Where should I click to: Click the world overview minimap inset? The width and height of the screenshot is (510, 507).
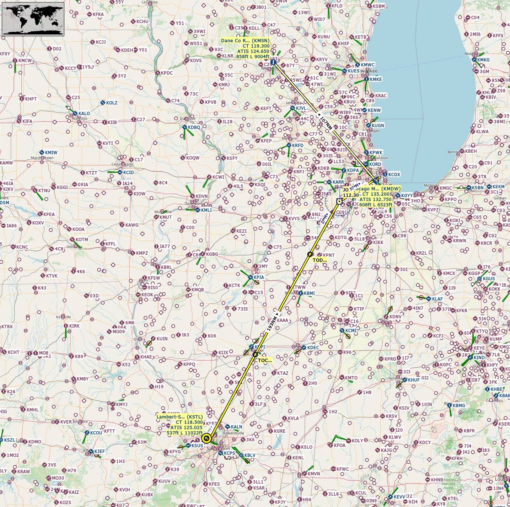tap(33, 19)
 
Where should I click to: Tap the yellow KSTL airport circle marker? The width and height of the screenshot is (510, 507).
tap(206, 438)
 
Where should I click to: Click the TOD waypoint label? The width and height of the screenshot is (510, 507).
tap(319, 260)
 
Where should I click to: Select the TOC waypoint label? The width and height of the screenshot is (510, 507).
tap(264, 360)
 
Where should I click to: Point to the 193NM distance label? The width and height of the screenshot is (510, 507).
tap(272, 323)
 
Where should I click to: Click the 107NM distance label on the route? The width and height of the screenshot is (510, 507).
tap(326, 123)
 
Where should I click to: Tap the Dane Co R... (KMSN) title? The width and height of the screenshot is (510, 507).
tap(245, 41)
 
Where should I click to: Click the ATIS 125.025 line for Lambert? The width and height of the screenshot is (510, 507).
tap(186, 427)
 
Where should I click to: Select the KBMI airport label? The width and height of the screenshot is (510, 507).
tap(309, 293)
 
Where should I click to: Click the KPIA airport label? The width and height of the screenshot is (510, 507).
tap(259, 277)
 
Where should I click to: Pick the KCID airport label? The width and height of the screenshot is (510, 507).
tap(128, 172)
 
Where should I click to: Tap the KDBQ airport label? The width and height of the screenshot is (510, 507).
tap(194, 127)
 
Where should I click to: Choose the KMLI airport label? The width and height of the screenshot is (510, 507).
tap(206, 210)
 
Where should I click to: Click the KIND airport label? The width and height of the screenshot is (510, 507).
tap(479, 357)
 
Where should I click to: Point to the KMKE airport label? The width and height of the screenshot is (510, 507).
tap(376, 79)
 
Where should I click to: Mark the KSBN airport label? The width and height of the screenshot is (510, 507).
tap(478, 188)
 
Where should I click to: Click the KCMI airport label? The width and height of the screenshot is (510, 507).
tap(351, 330)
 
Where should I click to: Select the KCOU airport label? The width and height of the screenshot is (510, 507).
tap(96, 433)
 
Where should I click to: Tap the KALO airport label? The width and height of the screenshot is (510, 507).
tap(84, 114)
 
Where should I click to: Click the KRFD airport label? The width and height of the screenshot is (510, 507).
tap(298, 145)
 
